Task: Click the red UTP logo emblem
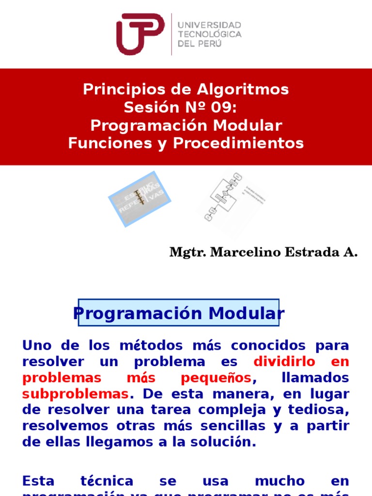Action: [140, 34]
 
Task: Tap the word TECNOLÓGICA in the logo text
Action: [210, 34]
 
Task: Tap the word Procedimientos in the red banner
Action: [238, 143]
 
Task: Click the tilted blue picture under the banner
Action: [139, 199]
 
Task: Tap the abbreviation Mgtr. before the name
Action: [186, 252]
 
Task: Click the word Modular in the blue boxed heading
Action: [247, 313]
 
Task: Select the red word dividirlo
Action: [284, 362]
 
